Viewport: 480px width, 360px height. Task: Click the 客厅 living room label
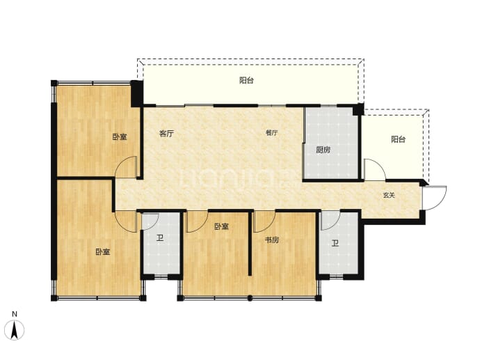tap(166, 134)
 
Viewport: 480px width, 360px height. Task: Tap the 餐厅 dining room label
tap(271, 133)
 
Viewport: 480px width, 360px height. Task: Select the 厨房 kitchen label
tap(323, 150)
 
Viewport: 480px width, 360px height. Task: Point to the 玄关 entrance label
tap(389, 195)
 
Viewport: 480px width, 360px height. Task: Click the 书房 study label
tap(272, 240)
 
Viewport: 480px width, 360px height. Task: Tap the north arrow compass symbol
tap(15, 330)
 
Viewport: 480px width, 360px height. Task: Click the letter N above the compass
tap(15, 314)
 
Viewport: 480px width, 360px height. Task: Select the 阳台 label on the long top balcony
tap(246, 80)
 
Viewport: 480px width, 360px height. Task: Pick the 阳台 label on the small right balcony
tap(399, 139)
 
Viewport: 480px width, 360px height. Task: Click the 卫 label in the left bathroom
tap(160, 238)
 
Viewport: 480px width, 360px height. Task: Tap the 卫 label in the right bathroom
tap(335, 244)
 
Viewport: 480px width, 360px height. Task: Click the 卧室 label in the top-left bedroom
tap(120, 136)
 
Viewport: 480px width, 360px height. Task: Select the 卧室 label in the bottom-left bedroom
tap(102, 252)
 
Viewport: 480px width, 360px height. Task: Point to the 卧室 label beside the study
tap(221, 227)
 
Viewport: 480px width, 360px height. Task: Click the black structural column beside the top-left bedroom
tap(137, 93)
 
